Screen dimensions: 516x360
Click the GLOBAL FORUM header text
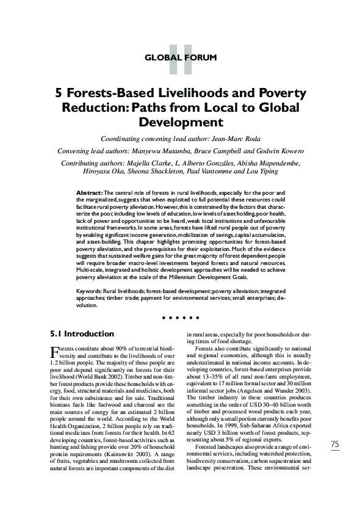(x=180, y=59)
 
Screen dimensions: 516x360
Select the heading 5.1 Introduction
(x=81, y=334)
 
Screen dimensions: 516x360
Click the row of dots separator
(x=180, y=318)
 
